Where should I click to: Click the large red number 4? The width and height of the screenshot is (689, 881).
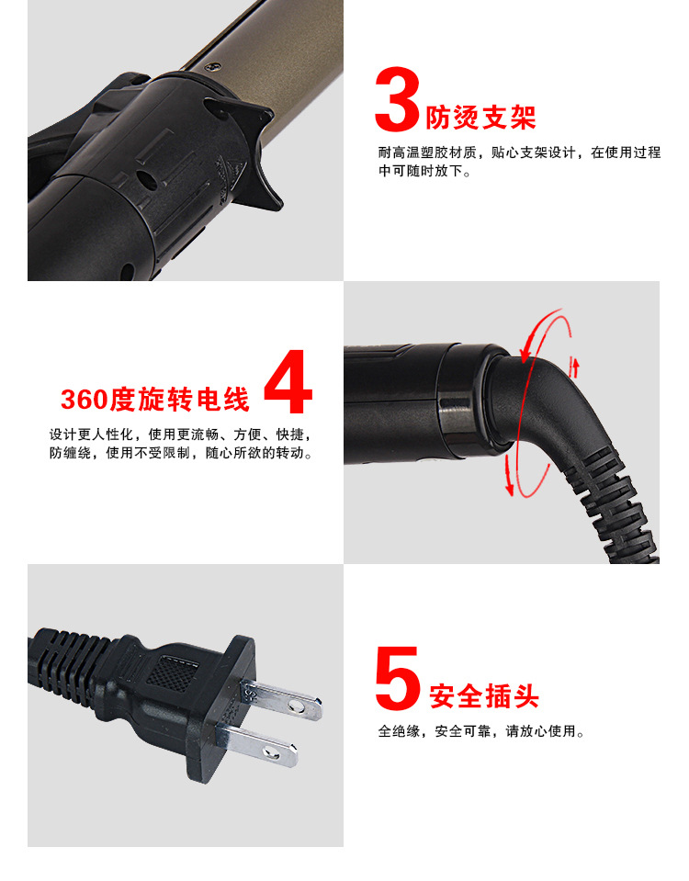(288, 384)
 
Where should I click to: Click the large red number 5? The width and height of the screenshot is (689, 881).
(398, 679)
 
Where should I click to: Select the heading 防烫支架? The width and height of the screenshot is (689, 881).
(480, 117)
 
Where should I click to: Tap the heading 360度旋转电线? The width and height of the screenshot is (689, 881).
(155, 400)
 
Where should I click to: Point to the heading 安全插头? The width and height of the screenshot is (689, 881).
(484, 695)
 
